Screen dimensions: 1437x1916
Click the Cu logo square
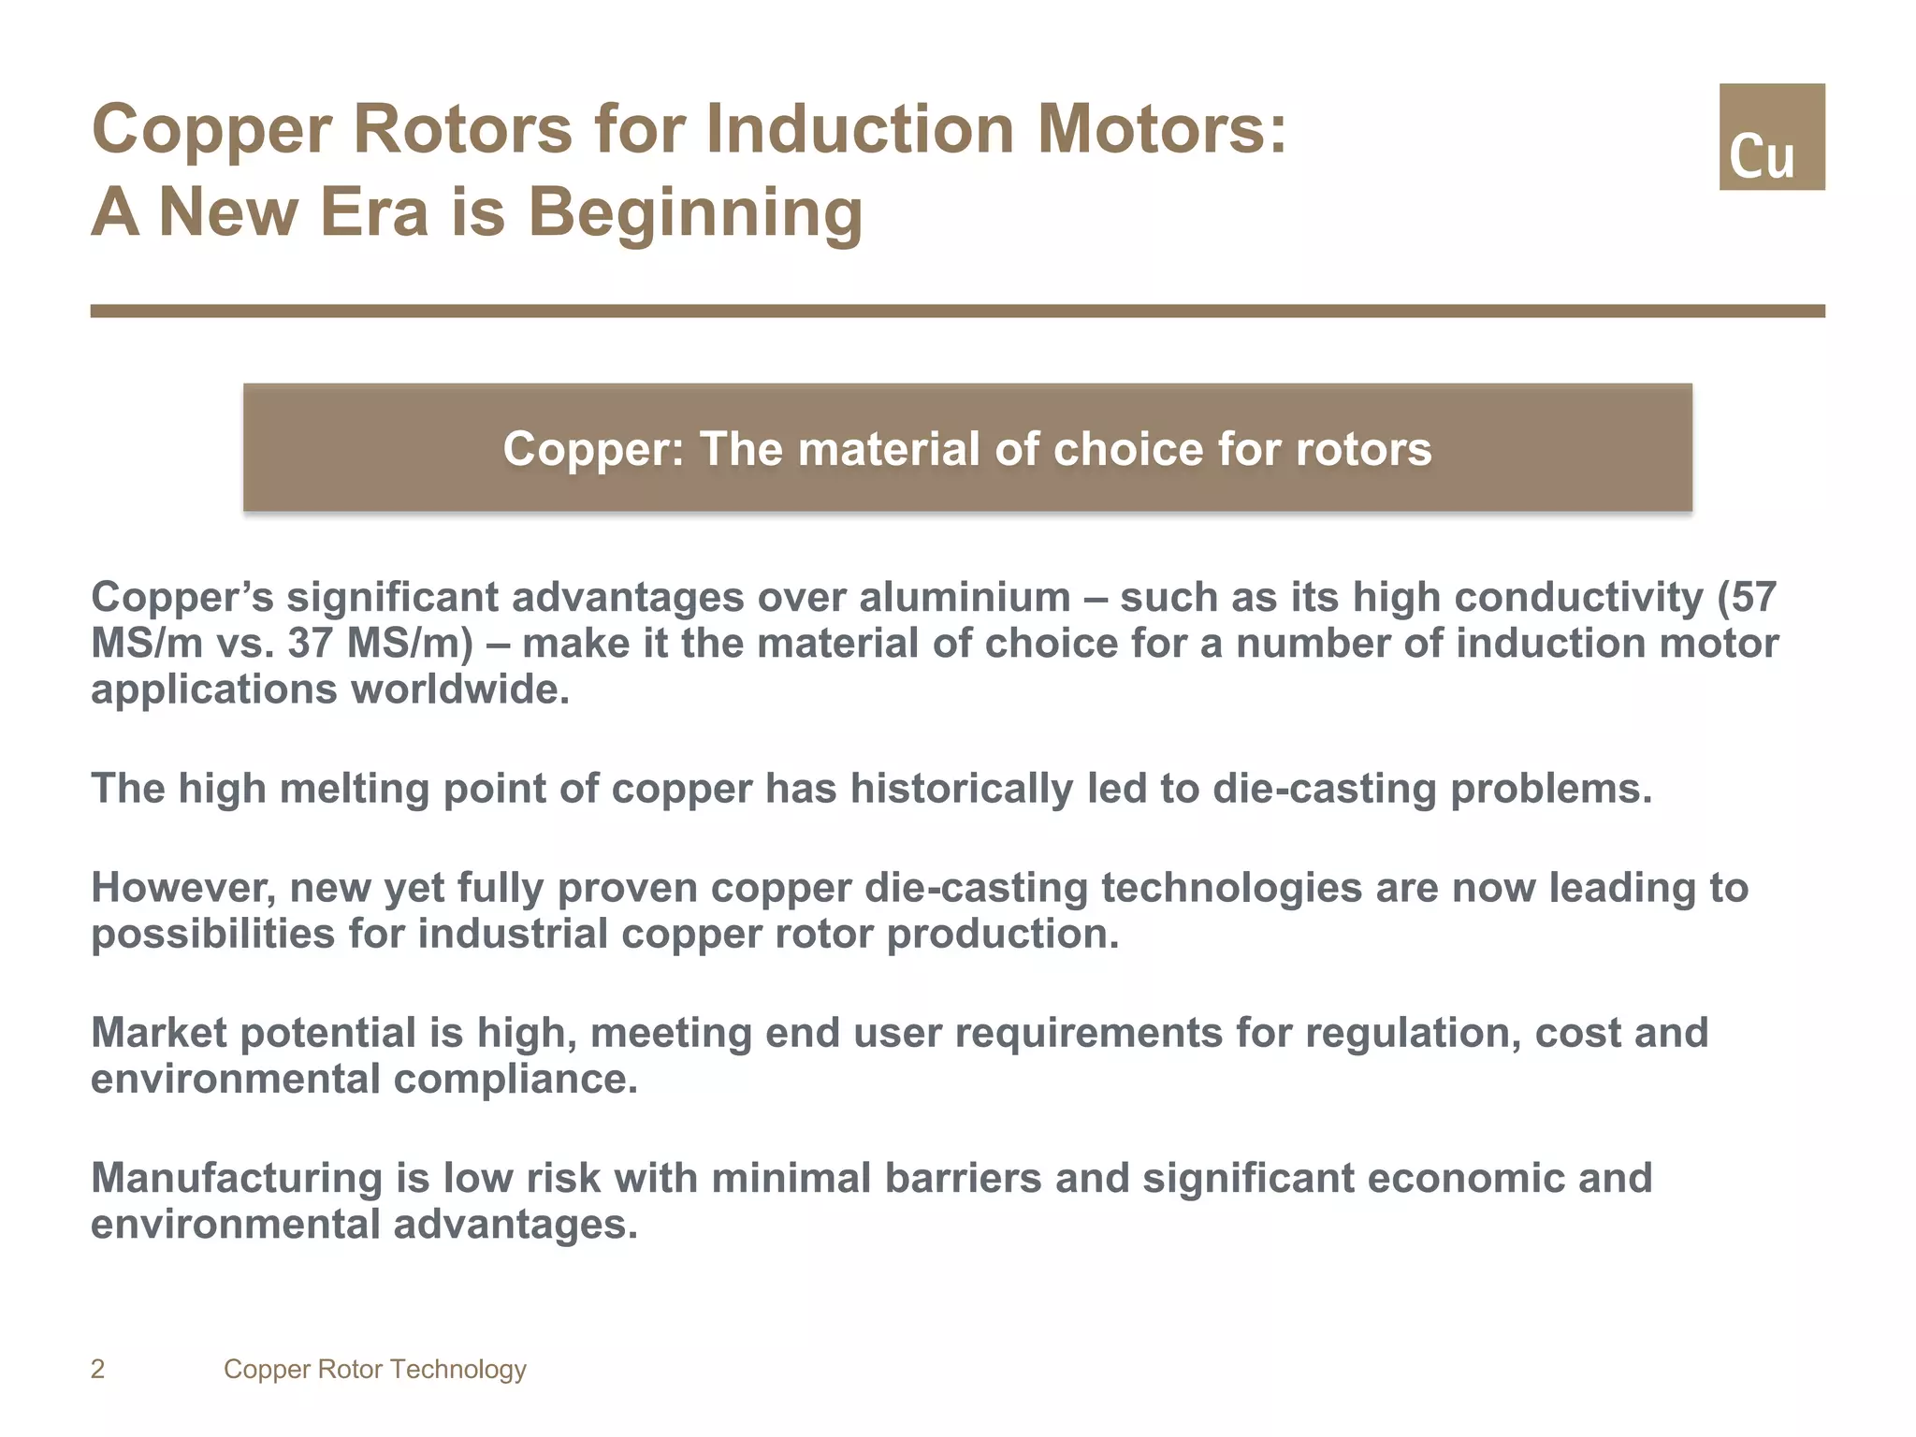pos(1771,137)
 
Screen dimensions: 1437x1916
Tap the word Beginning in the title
pos(695,212)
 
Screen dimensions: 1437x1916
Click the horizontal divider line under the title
pos(957,311)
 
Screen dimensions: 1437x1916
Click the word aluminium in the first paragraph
pos(965,597)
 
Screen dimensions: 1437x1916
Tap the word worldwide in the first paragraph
pos(459,690)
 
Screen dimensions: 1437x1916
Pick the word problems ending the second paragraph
pos(1550,789)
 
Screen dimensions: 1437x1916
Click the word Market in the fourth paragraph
pos(159,1033)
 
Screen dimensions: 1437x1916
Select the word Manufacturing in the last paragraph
pos(236,1178)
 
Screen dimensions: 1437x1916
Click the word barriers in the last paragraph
pos(963,1178)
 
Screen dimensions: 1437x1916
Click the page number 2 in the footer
pos(97,1370)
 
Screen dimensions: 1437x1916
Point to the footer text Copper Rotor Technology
pos(374,1370)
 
